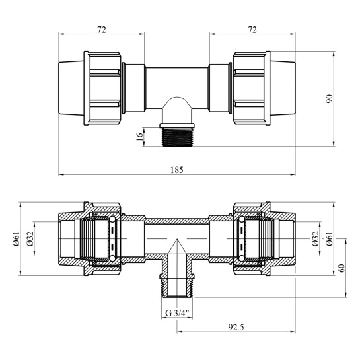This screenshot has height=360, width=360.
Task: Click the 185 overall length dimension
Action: coord(177,170)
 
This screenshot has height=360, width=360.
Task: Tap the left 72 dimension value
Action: coord(102,30)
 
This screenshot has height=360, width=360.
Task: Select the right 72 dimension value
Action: coord(252,30)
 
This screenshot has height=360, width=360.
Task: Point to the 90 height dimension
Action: coord(329,98)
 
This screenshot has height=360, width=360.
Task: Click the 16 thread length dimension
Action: coord(139,137)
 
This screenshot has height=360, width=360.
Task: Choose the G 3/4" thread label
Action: coord(177,313)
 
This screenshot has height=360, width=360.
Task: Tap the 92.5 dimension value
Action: coord(236,327)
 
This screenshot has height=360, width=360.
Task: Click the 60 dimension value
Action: coord(342,268)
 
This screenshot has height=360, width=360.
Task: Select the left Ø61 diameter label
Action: coord(17,239)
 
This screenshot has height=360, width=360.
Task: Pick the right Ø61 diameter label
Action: coord(329,239)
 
